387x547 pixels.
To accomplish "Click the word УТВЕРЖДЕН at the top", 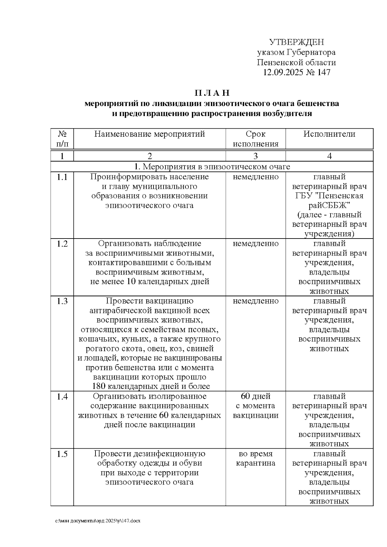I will click(x=296, y=42).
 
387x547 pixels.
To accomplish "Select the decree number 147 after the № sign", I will click(x=323, y=72).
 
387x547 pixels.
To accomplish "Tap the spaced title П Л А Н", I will click(x=212, y=93).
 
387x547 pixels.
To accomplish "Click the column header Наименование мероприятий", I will click(x=150, y=134).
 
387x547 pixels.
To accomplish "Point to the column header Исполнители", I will click(x=329, y=134).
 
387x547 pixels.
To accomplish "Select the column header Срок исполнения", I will click(x=255, y=139).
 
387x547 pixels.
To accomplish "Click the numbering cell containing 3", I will click(x=255, y=156).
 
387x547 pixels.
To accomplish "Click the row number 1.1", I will click(x=62, y=177).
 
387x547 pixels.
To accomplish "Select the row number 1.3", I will click(x=62, y=301).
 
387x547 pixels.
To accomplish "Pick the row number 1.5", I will click(x=62, y=454).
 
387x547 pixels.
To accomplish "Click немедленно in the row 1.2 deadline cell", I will click(x=255, y=244).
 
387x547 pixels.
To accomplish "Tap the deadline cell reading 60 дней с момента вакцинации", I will click(x=255, y=406).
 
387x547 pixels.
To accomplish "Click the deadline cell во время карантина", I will click(x=255, y=459).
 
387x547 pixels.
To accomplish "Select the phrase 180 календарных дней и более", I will click(x=151, y=386).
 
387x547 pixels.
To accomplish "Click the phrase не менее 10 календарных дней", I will click(x=150, y=281).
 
